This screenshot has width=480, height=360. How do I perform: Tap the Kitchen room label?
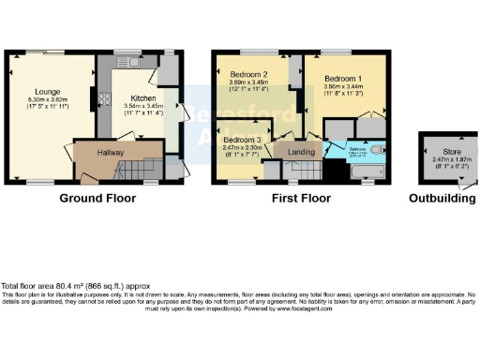(x=143, y=97)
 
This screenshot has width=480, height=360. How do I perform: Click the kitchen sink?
(x=128, y=64)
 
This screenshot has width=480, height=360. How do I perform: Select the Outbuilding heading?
(x=442, y=199)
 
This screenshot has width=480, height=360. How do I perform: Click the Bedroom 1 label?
(x=345, y=79)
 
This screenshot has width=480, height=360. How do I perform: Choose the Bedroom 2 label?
(x=250, y=74)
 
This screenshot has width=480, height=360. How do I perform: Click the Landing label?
(x=301, y=151)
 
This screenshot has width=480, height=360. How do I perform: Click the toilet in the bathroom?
(x=377, y=150)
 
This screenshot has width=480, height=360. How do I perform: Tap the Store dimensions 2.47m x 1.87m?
(x=442, y=160)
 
